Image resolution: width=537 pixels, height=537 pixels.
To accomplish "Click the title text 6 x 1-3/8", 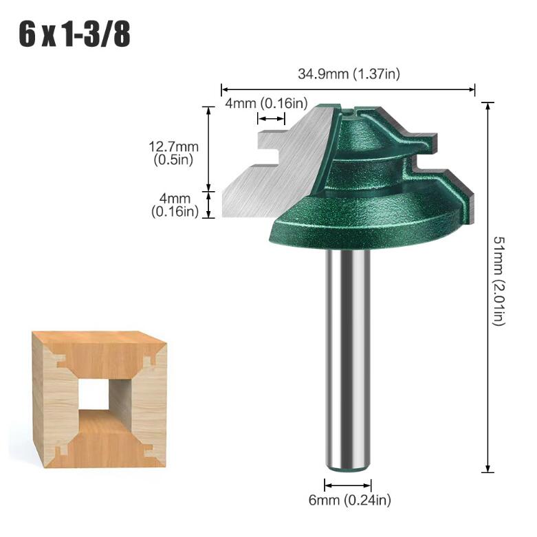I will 74,34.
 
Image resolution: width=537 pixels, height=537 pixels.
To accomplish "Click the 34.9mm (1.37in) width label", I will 348,74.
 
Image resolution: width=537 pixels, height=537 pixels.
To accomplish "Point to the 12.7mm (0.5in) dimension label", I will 173,153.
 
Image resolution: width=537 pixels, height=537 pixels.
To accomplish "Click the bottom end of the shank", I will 348,465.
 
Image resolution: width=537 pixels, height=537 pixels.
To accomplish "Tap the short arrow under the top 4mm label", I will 270,119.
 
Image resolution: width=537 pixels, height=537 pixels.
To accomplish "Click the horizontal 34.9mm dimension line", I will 348,89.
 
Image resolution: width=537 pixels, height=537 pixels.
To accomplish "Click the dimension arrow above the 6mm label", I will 348,484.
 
